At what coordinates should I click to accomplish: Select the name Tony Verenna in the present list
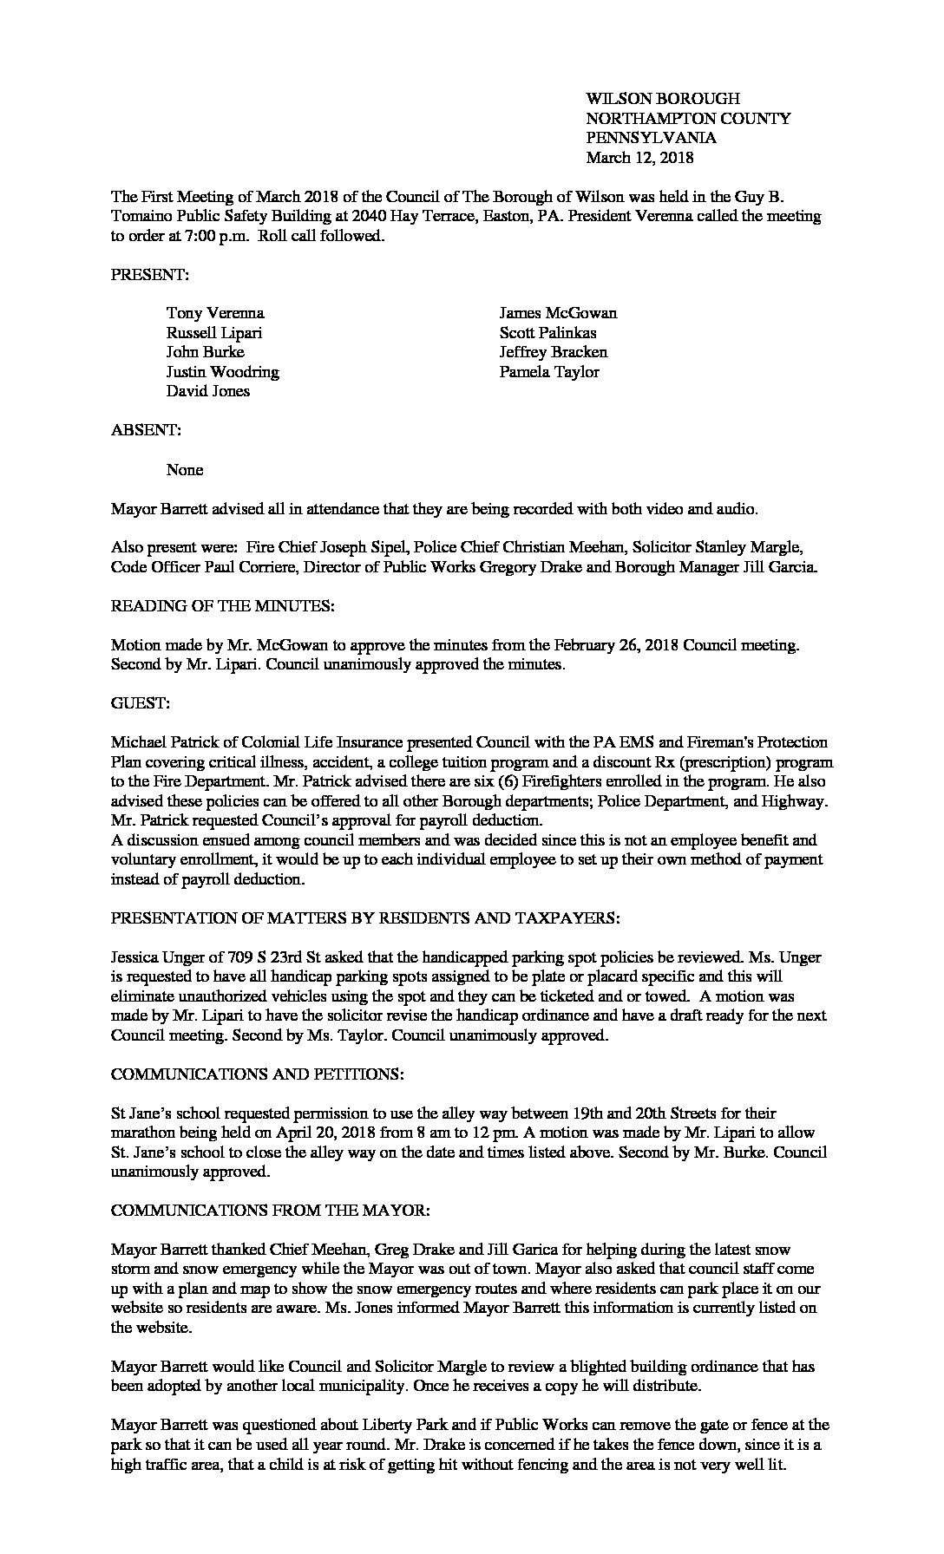pos(215,313)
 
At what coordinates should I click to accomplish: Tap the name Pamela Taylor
pos(549,372)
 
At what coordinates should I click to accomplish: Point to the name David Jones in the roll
pos(208,391)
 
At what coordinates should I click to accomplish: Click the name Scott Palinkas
pos(547,333)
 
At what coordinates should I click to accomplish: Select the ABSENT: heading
pos(146,430)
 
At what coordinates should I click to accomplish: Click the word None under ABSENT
pos(185,470)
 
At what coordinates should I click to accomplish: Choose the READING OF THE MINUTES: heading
pos(222,607)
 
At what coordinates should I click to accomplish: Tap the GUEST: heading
pos(140,704)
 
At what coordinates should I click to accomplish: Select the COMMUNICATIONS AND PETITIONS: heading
pos(257,1074)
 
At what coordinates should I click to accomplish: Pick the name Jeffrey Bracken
pos(553,352)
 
